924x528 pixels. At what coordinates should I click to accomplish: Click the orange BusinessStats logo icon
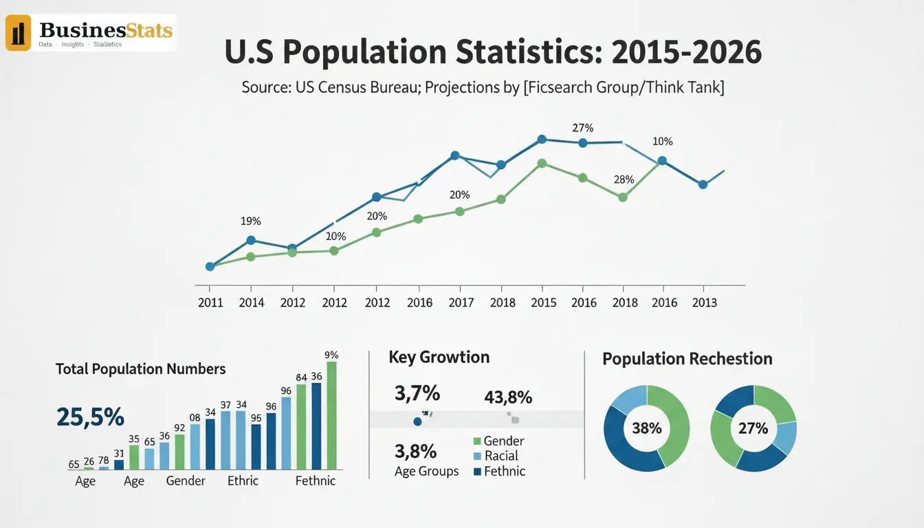click(19, 33)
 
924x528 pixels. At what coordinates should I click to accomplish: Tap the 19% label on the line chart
click(250, 221)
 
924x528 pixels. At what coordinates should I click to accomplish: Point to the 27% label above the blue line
click(582, 128)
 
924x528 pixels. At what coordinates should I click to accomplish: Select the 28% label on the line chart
click(623, 179)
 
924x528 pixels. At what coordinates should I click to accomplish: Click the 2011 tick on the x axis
click(210, 302)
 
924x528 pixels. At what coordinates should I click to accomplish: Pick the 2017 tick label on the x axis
click(461, 302)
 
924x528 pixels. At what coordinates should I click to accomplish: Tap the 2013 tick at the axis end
click(704, 302)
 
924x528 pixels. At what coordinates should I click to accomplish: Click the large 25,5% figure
click(91, 417)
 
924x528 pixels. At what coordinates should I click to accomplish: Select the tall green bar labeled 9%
click(332, 415)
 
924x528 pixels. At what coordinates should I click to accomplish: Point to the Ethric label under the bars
click(243, 481)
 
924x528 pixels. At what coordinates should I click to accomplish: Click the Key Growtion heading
click(439, 357)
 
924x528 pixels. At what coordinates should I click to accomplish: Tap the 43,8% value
click(508, 397)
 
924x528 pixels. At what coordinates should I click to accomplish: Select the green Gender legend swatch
click(478, 441)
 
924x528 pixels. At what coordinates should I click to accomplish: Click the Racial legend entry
click(500, 456)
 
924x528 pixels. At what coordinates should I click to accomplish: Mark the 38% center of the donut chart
click(646, 428)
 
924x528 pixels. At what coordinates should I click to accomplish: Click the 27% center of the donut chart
click(753, 428)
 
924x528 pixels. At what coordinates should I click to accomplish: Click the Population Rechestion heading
click(687, 359)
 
